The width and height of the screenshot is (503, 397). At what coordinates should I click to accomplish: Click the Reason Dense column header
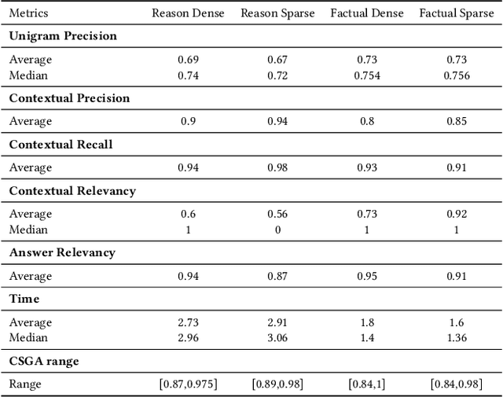[187, 13]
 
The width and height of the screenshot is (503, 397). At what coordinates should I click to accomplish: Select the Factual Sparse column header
[457, 13]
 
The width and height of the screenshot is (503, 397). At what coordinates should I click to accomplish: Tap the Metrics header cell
[28, 13]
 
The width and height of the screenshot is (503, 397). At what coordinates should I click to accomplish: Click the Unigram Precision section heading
[62, 36]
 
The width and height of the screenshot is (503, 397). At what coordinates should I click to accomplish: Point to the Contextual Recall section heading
[61, 145]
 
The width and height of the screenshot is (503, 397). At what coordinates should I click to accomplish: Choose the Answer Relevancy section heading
[62, 252]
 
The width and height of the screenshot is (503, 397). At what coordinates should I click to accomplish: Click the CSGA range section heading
[44, 361]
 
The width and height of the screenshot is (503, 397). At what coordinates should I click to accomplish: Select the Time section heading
[24, 299]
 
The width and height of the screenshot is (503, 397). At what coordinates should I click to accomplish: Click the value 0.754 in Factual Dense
[367, 75]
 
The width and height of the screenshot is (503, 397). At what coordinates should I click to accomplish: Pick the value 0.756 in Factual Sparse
[457, 75]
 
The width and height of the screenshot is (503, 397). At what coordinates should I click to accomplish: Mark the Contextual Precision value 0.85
[457, 121]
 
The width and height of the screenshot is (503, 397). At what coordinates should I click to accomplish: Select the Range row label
[24, 384]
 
